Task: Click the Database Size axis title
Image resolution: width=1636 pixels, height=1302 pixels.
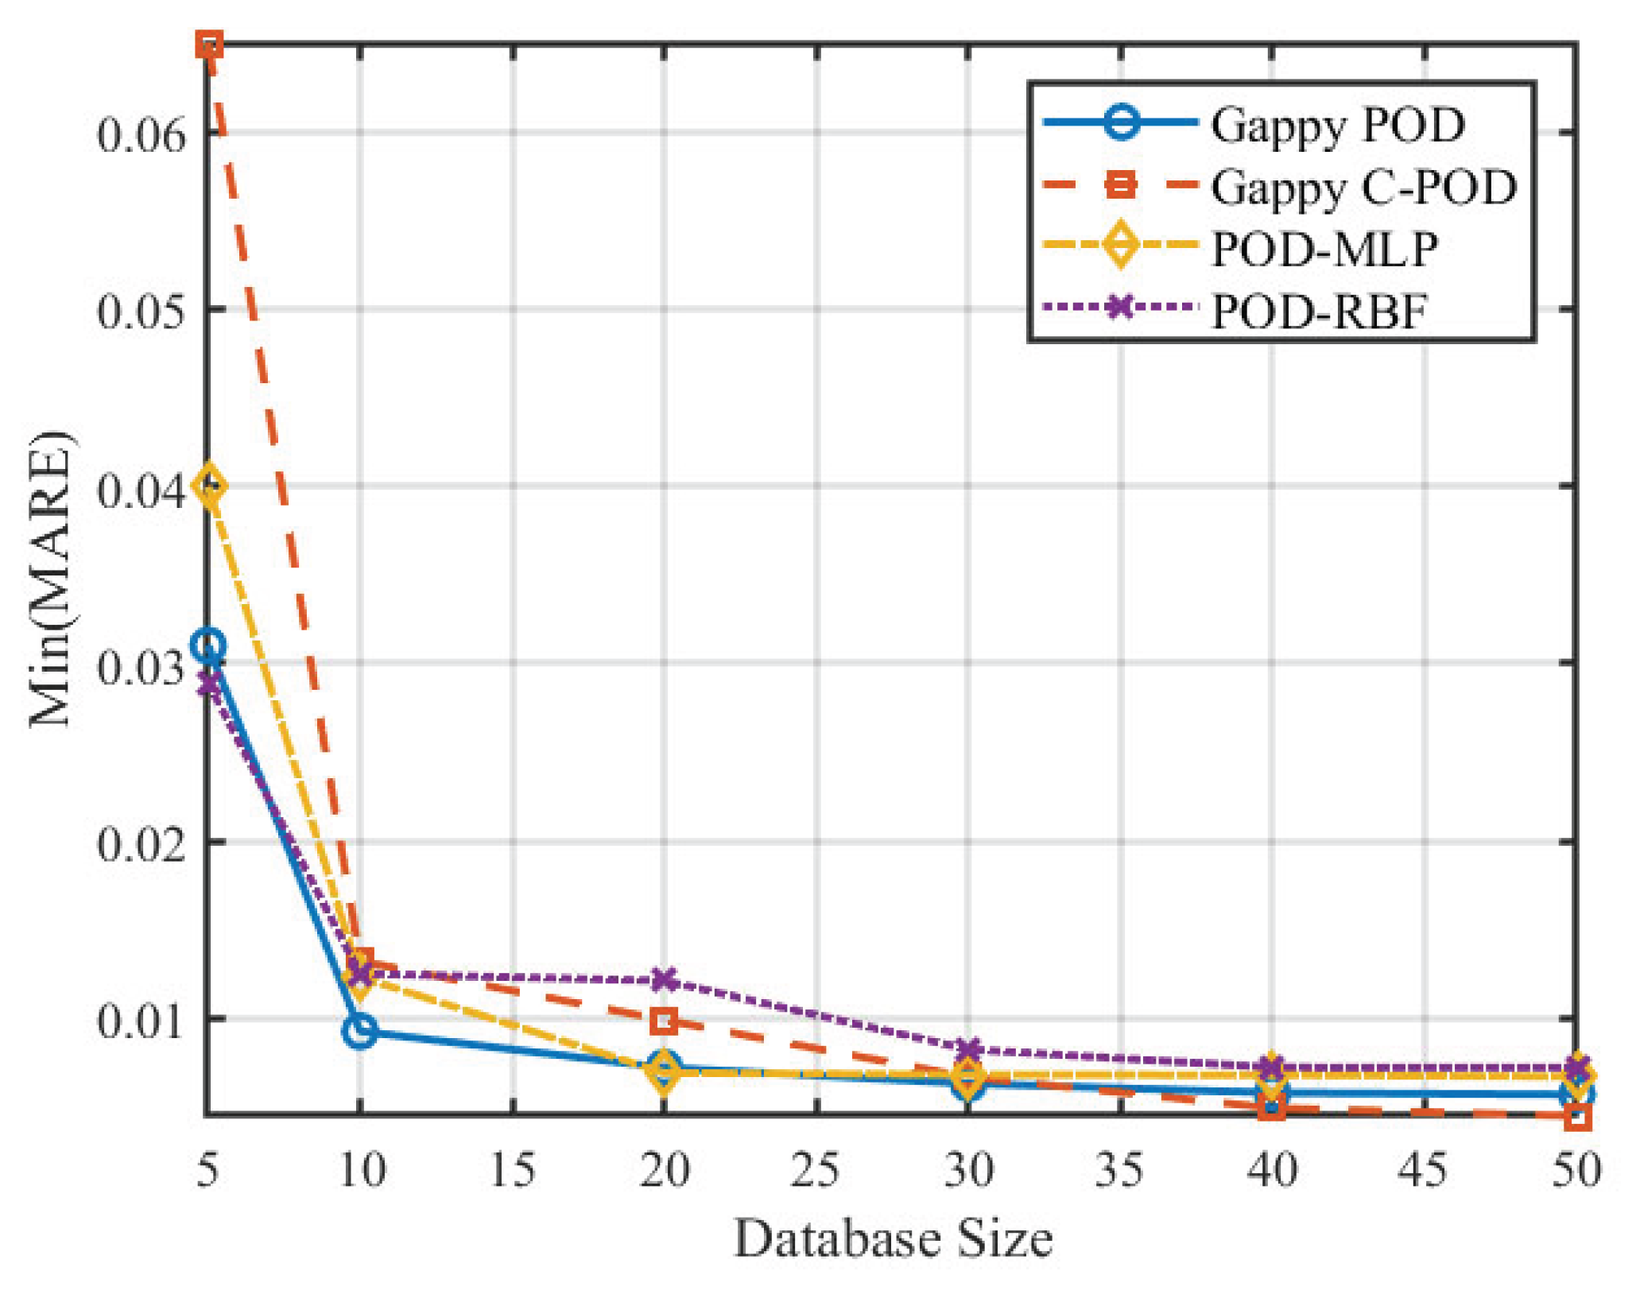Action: [x=892, y=1238]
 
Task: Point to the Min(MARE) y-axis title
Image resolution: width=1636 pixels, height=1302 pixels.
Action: [x=51, y=578]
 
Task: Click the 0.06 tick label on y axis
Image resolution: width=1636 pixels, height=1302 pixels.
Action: [x=130, y=133]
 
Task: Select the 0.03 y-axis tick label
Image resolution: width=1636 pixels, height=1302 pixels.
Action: [x=130, y=665]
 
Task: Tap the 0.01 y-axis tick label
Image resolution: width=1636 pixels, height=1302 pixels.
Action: [x=130, y=1021]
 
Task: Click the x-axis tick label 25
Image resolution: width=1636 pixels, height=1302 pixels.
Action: [x=815, y=1170]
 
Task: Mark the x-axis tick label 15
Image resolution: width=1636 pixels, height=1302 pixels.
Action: [x=512, y=1170]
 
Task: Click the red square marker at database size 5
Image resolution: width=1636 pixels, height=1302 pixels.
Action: [x=209, y=45]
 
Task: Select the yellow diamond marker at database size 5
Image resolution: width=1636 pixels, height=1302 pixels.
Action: [x=209, y=486]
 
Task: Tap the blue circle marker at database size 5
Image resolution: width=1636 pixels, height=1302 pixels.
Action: [x=209, y=645]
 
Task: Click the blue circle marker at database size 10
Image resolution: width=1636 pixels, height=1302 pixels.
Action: [x=360, y=1031]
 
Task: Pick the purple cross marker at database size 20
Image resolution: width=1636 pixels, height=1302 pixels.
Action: [x=664, y=979]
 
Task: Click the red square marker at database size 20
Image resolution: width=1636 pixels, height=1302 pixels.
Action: [x=664, y=1021]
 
